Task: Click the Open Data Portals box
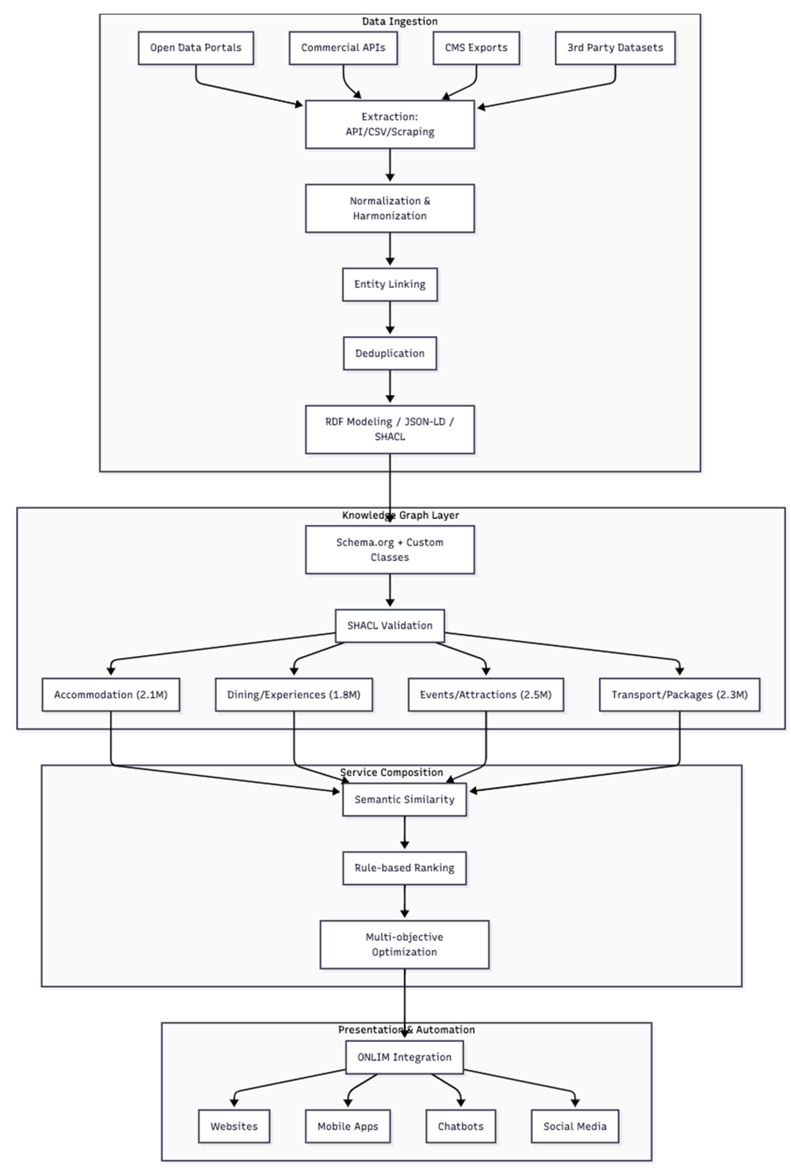196,48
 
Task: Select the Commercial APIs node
343,48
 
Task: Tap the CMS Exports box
476,48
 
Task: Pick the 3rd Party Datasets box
615,48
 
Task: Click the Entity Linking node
390,285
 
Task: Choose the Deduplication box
390,354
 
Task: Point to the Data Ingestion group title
400,21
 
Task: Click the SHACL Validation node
390,626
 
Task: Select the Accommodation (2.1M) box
111,695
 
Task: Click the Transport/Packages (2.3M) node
679,695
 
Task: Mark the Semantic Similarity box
404,800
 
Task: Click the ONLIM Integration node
404,1058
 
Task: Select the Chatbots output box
460,1127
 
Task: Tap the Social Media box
574,1127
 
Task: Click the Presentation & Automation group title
406,1030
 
